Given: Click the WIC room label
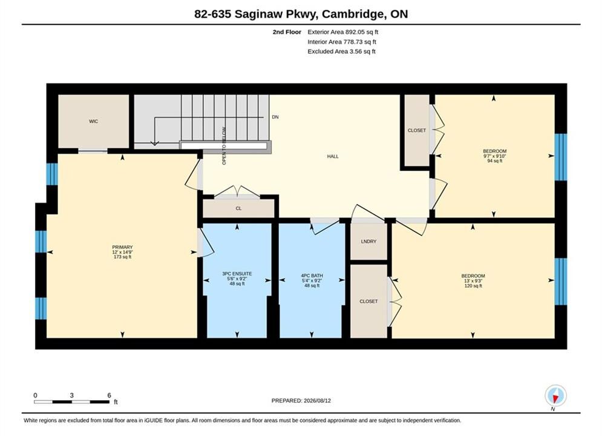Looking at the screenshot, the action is (93, 121).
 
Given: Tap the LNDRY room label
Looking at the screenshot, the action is (368, 242).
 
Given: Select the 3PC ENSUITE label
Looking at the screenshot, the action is (237, 274).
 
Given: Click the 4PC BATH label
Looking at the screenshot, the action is (312, 276).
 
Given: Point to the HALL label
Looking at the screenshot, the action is (333, 156).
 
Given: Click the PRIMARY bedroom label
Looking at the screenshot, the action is (122, 248).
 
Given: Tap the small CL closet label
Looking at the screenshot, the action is (238, 208).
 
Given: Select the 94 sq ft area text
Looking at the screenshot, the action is (494, 161).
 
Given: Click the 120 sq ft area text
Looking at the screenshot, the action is (473, 286).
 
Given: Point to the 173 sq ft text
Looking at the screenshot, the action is (122, 257).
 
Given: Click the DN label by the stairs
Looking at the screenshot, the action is (275, 117).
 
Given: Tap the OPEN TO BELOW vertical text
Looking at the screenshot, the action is (224, 146).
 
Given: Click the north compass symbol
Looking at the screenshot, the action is (555, 395).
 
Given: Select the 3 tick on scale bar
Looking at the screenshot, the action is (72, 395).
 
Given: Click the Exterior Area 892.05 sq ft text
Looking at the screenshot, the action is (343, 32).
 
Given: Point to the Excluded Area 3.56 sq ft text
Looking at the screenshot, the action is (341, 51).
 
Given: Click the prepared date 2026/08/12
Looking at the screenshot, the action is (317, 401).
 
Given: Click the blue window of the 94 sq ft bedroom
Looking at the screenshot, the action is (560, 157).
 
